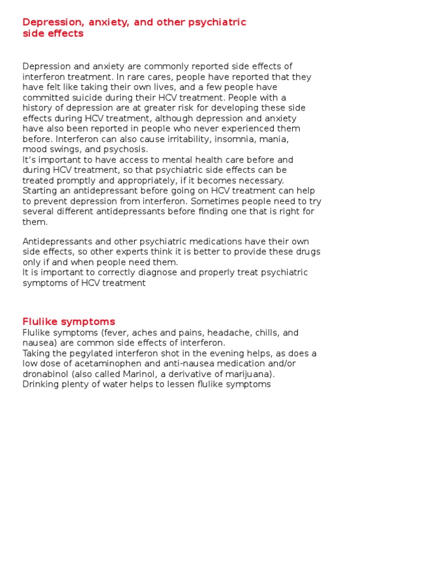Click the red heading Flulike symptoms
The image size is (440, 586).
(x=69, y=322)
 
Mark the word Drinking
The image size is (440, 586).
(x=41, y=385)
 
